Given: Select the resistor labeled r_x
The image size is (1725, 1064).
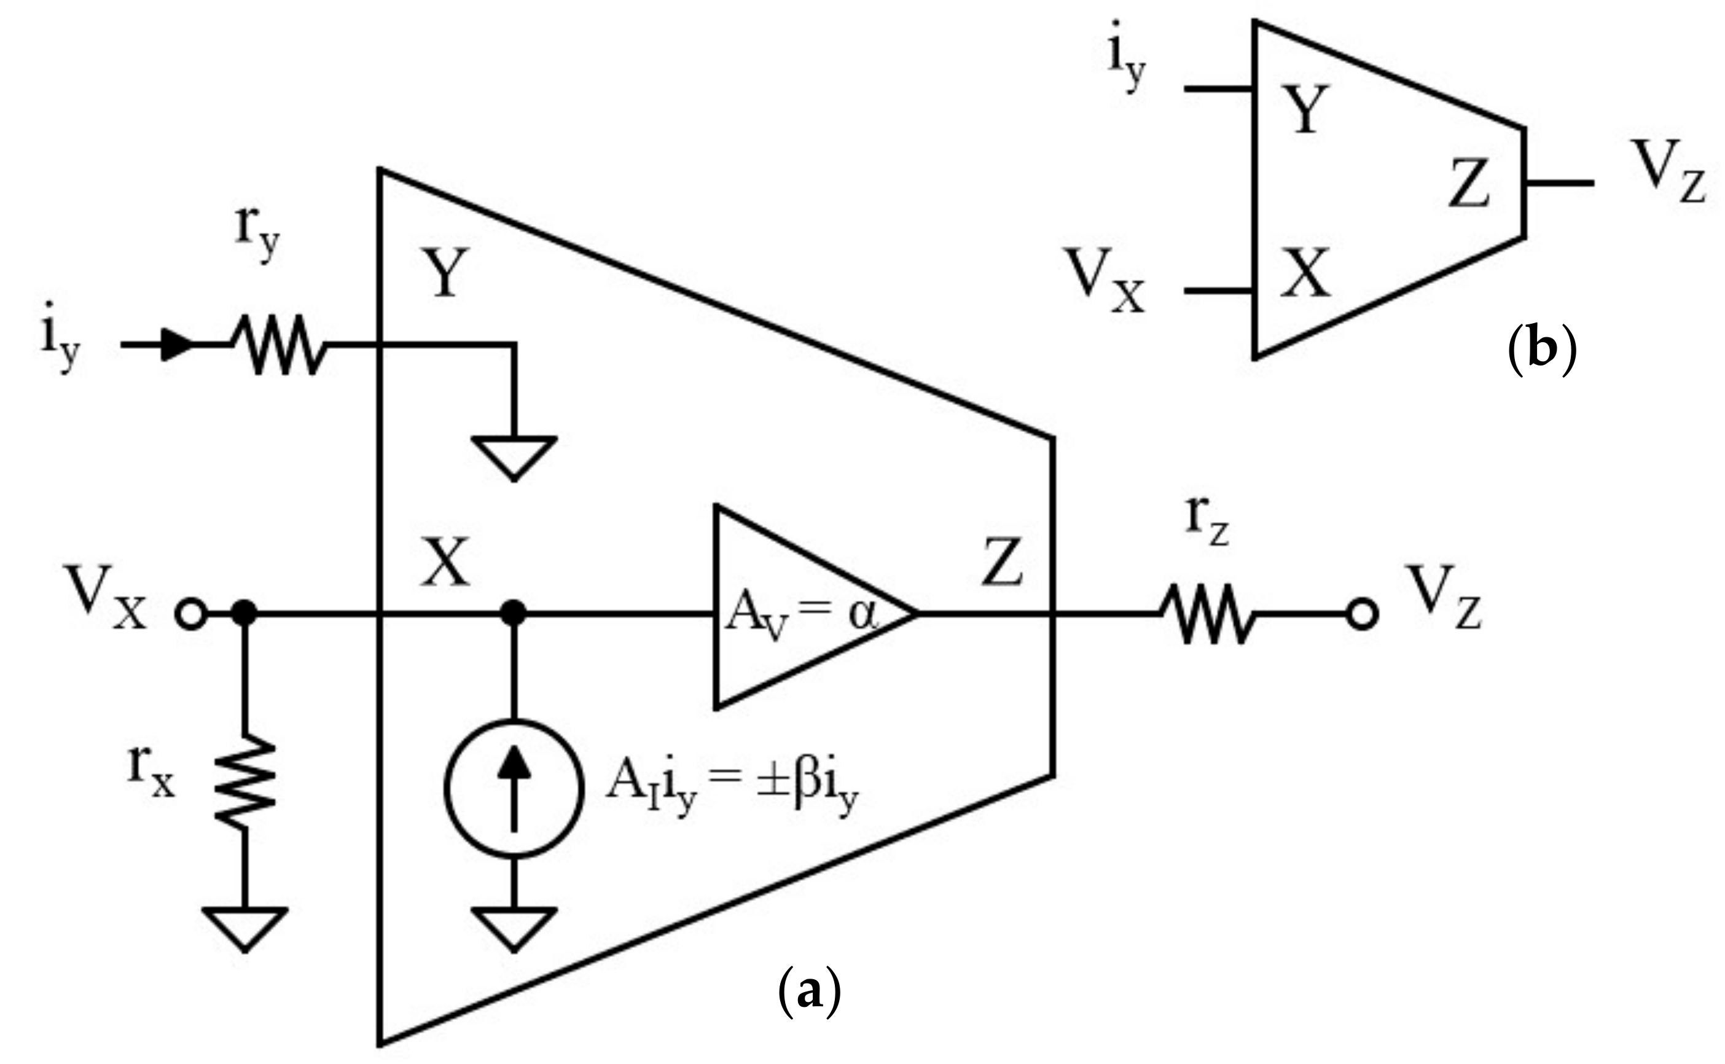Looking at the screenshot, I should [245, 782].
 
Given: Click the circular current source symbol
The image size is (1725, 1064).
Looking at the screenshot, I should [514, 788].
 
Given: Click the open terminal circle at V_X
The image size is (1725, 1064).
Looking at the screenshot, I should [190, 614].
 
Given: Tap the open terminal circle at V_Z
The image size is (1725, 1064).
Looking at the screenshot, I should [1362, 614].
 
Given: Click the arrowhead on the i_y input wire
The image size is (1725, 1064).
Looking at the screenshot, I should [176, 345].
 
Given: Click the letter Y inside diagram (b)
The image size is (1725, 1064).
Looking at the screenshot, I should [1305, 109].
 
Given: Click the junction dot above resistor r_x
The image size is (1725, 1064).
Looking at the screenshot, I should [245, 613].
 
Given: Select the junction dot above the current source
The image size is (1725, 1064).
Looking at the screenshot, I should [514, 613].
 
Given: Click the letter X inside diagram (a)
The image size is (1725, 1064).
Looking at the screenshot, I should [445, 563].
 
